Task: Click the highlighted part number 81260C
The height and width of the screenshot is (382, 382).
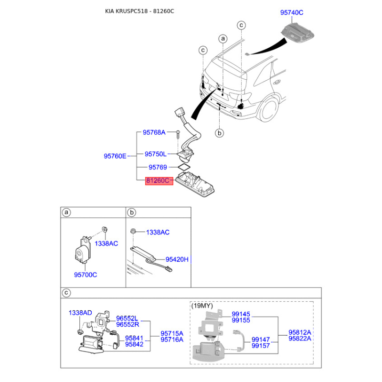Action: (x=159, y=181)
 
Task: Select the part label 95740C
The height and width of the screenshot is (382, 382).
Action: (x=291, y=14)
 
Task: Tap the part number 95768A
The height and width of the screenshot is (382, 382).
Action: (x=154, y=132)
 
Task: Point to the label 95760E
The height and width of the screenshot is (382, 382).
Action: (x=115, y=156)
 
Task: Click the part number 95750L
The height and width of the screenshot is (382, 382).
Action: (x=156, y=154)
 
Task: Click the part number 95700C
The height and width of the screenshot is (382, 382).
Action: (x=85, y=275)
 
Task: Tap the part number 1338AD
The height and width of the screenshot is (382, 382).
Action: (x=80, y=312)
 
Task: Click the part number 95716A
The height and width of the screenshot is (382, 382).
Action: (x=172, y=340)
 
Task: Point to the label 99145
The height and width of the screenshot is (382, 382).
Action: (x=241, y=314)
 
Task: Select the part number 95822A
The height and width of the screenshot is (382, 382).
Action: (x=300, y=338)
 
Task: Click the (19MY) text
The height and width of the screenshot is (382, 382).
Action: (x=202, y=306)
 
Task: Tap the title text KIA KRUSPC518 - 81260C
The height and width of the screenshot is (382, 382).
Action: (x=139, y=11)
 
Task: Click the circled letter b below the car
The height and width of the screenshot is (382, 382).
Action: (x=219, y=133)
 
